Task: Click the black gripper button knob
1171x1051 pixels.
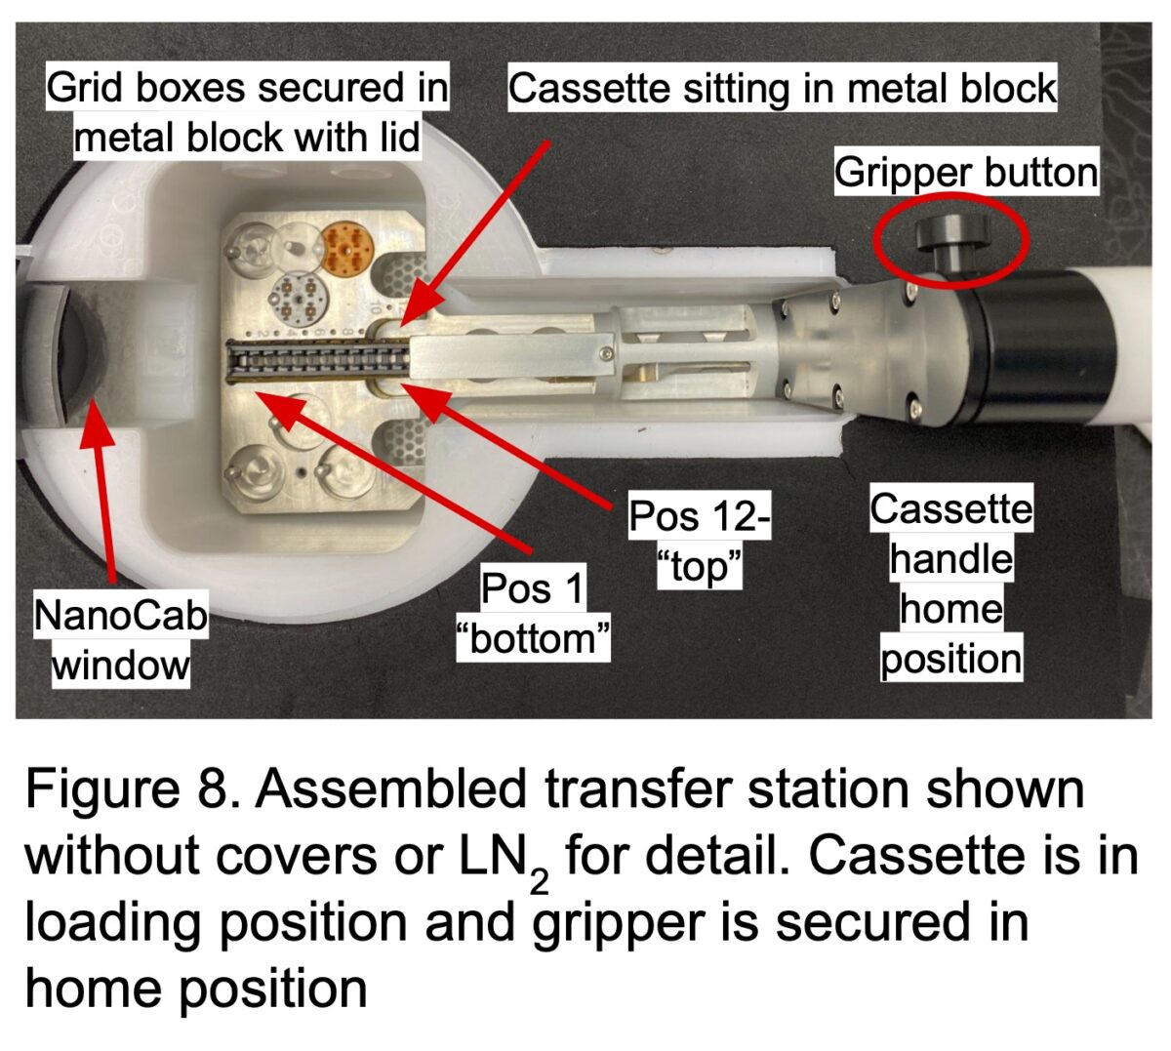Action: pyautogui.click(x=951, y=234)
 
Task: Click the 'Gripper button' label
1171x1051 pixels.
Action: pyautogui.click(x=965, y=173)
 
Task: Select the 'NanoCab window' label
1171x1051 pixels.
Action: pyautogui.click(x=121, y=640)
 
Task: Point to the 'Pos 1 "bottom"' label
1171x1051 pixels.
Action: pyautogui.click(x=533, y=614)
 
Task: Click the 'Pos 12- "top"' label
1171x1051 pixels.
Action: pyautogui.click(x=699, y=541)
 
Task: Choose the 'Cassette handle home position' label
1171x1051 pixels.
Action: pyautogui.click(x=950, y=584)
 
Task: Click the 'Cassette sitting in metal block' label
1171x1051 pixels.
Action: pyautogui.click(x=782, y=89)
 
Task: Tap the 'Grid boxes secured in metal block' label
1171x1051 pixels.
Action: pyautogui.click(x=247, y=112)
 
